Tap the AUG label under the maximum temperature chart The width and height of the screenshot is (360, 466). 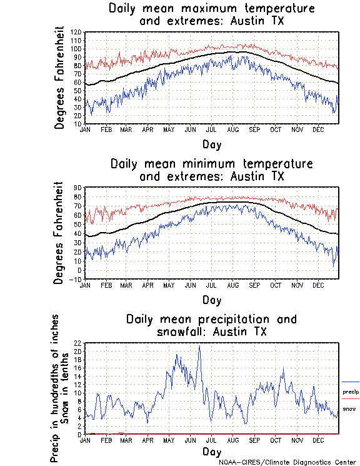(232, 129)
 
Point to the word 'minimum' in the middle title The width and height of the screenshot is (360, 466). (212, 164)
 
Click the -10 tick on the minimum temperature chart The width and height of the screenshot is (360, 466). (76, 279)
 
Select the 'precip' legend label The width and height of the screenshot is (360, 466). (351, 392)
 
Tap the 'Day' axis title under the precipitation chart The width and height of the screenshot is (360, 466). (211, 451)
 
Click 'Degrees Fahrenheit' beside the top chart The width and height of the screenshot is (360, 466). (59, 78)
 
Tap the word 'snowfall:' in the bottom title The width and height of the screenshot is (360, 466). (186, 332)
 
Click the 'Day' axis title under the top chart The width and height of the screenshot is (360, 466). (211, 144)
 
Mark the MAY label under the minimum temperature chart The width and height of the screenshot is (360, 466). (169, 285)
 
